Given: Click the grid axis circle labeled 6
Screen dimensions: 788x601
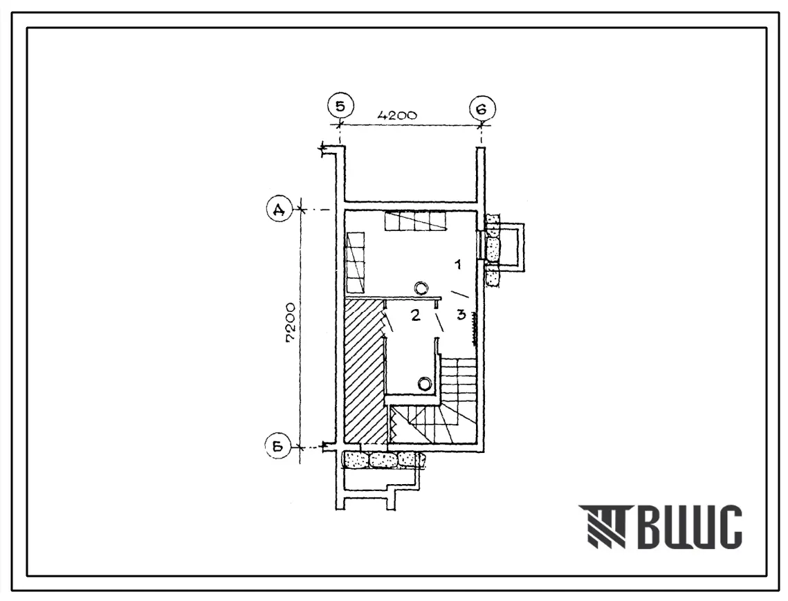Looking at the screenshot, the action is click(x=482, y=109).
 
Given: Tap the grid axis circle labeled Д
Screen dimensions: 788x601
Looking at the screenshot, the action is click(x=280, y=210).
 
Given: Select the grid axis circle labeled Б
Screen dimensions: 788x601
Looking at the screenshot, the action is click(x=280, y=446).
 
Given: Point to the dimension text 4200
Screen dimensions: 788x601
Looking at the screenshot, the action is click(x=397, y=115).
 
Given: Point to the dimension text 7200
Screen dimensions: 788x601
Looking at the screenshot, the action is click(x=291, y=323).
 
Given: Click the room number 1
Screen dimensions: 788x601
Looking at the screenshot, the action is click(x=458, y=263).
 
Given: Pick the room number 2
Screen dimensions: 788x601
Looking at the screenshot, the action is click(x=415, y=315).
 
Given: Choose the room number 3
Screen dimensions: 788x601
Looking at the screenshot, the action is click(x=461, y=315).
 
